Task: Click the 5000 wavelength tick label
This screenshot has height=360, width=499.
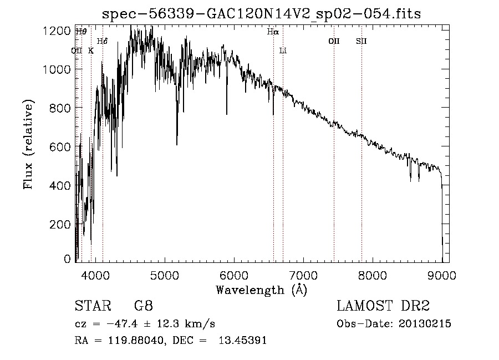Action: pos(164,275)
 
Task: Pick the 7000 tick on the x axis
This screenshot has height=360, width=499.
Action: pos(303,275)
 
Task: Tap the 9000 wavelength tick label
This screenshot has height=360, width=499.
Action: pos(442,275)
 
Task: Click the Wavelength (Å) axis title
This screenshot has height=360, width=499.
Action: pos(261,290)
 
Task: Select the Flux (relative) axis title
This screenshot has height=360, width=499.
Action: pos(28,144)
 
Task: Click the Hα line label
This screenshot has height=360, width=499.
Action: pos(272,32)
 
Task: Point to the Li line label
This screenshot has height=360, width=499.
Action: pos(283,51)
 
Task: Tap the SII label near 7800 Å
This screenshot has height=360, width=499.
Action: pos(361,41)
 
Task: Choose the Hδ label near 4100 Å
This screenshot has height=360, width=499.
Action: pos(103,41)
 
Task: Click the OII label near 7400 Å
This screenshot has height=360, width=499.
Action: pos(334,41)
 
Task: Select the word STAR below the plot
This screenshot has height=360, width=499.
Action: pos(91,306)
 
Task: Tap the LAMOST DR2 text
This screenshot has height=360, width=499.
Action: pos(383,306)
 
